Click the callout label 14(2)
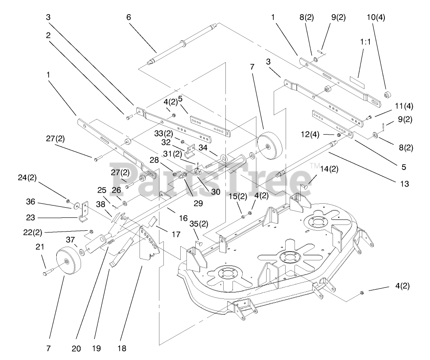(329, 168)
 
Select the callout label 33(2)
(162, 133)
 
